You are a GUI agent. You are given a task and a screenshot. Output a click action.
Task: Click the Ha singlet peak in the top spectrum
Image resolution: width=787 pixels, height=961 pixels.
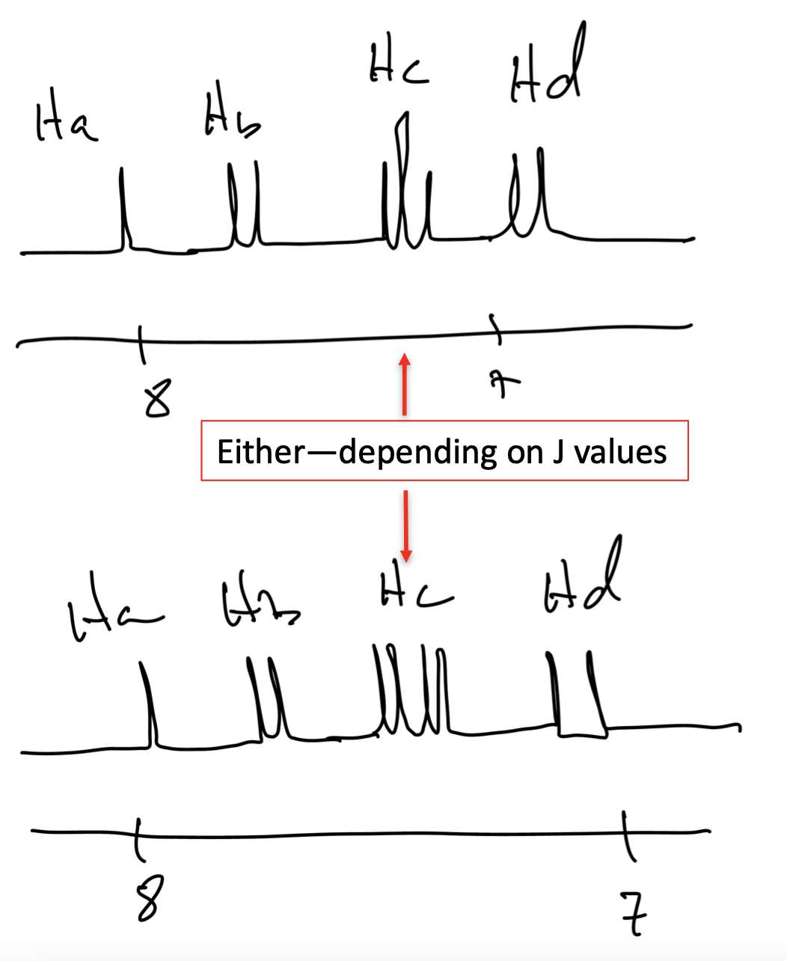click(x=123, y=210)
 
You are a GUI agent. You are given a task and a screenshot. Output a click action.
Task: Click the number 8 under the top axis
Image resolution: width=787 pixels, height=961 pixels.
click(x=158, y=397)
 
